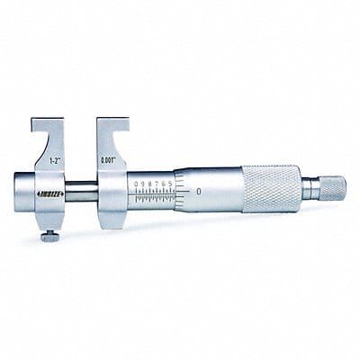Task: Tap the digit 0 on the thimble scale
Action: click(196, 193)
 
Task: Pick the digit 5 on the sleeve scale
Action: click(168, 184)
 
